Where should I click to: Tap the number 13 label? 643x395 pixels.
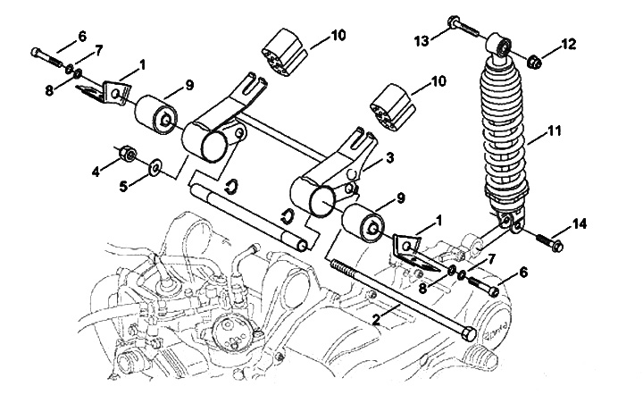[422, 39]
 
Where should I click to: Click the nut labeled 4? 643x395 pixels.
[128, 155]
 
